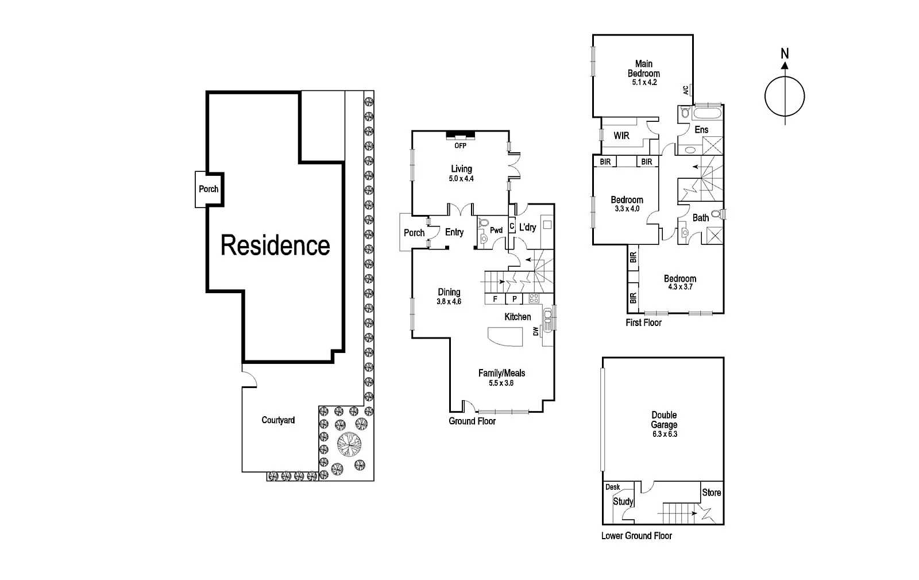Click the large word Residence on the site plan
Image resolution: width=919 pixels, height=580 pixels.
click(275, 246)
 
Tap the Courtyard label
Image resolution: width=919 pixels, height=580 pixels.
click(278, 420)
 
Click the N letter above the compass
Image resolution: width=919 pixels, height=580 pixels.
click(785, 54)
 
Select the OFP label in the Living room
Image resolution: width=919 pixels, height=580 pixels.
click(461, 145)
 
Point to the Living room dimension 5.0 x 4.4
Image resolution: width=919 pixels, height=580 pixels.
click(461, 179)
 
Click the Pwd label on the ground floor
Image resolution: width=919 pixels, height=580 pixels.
click(496, 231)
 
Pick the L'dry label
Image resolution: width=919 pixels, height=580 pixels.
click(527, 228)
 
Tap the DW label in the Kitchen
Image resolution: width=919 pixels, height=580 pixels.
click(536, 332)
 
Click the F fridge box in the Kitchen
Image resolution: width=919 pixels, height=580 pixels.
click(495, 299)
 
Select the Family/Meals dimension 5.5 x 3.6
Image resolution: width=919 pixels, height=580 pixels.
click(501, 383)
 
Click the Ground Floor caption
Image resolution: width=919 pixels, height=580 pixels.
click(472, 421)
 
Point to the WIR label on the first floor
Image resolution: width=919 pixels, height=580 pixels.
click(621, 136)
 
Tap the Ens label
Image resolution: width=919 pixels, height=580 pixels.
click(701, 130)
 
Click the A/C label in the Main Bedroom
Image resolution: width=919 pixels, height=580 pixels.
click(685, 90)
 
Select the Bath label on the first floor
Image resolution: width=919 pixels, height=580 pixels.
click(701, 218)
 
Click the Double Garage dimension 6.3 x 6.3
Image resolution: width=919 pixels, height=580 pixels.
click(665, 434)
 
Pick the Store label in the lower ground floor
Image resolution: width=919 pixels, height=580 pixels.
click(712, 493)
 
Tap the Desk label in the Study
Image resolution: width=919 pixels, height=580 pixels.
click(613, 487)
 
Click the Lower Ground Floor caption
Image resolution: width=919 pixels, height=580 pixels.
click(636, 536)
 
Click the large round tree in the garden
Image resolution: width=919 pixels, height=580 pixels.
click(349, 444)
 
